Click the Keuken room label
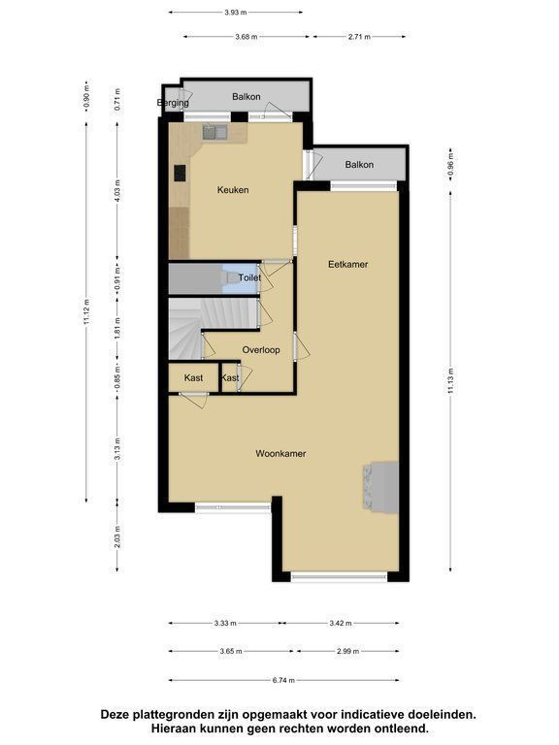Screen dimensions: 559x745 pyautogui.click(x=233, y=190)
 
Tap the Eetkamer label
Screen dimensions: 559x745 pyautogui.click(x=348, y=264)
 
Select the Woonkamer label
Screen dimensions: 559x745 pyautogui.click(x=280, y=453)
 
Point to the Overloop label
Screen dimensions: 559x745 pyautogui.click(x=261, y=350)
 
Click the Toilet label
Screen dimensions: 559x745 pyautogui.click(x=249, y=277)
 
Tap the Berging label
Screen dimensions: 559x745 pyautogui.click(x=173, y=103)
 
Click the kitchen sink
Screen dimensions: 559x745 pyautogui.click(x=214, y=132)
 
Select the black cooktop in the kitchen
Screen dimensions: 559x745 pyautogui.click(x=180, y=173)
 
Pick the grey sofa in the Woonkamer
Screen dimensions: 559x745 pyautogui.click(x=380, y=487)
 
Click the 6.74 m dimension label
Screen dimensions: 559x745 pyautogui.click(x=283, y=680)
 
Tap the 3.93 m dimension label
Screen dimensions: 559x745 pyautogui.click(x=236, y=13)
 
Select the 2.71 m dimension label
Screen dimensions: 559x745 pyautogui.click(x=359, y=36)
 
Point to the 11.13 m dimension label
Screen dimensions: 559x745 pyautogui.click(x=450, y=380)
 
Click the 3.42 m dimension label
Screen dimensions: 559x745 pyautogui.click(x=341, y=623)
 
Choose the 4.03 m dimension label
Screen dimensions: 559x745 pyautogui.click(x=117, y=190)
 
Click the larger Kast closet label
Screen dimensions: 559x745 pyautogui.click(x=193, y=377)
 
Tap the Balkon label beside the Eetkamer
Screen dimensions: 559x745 pyautogui.click(x=359, y=165)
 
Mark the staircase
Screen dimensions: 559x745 pyautogui.click(x=213, y=328)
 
